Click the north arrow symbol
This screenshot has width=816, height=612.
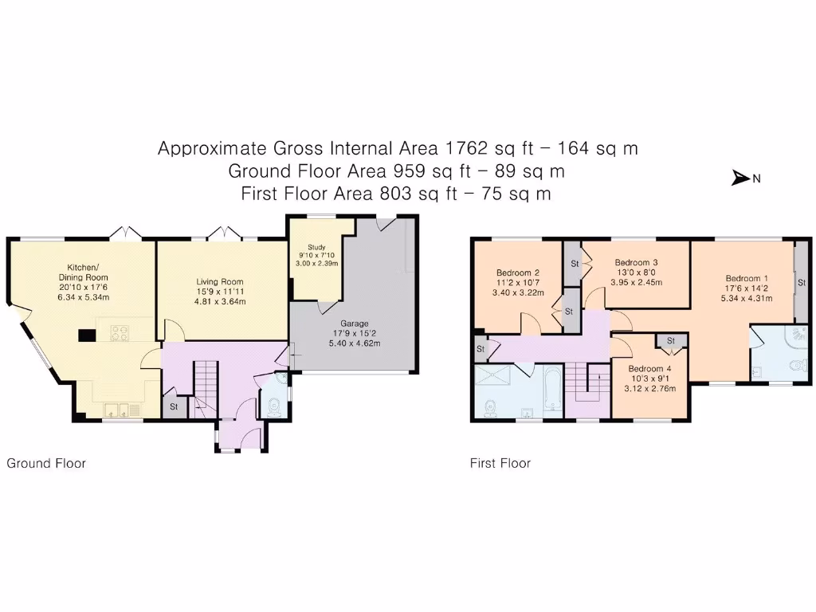(741, 178)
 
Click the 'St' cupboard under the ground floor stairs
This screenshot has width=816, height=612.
(173, 406)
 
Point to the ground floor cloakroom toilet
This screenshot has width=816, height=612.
(274, 406)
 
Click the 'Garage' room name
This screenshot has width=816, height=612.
(345, 324)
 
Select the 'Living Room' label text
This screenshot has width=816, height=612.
(221, 282)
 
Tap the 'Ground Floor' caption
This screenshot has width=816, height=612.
(46, 463)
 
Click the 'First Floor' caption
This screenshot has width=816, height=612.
(500, 463)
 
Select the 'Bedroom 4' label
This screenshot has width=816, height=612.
(649, 369)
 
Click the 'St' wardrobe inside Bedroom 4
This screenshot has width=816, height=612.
(671, 341)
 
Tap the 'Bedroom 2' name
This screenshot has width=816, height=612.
(519, 272)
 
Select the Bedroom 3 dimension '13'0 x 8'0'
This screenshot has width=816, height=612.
(635, 272)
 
